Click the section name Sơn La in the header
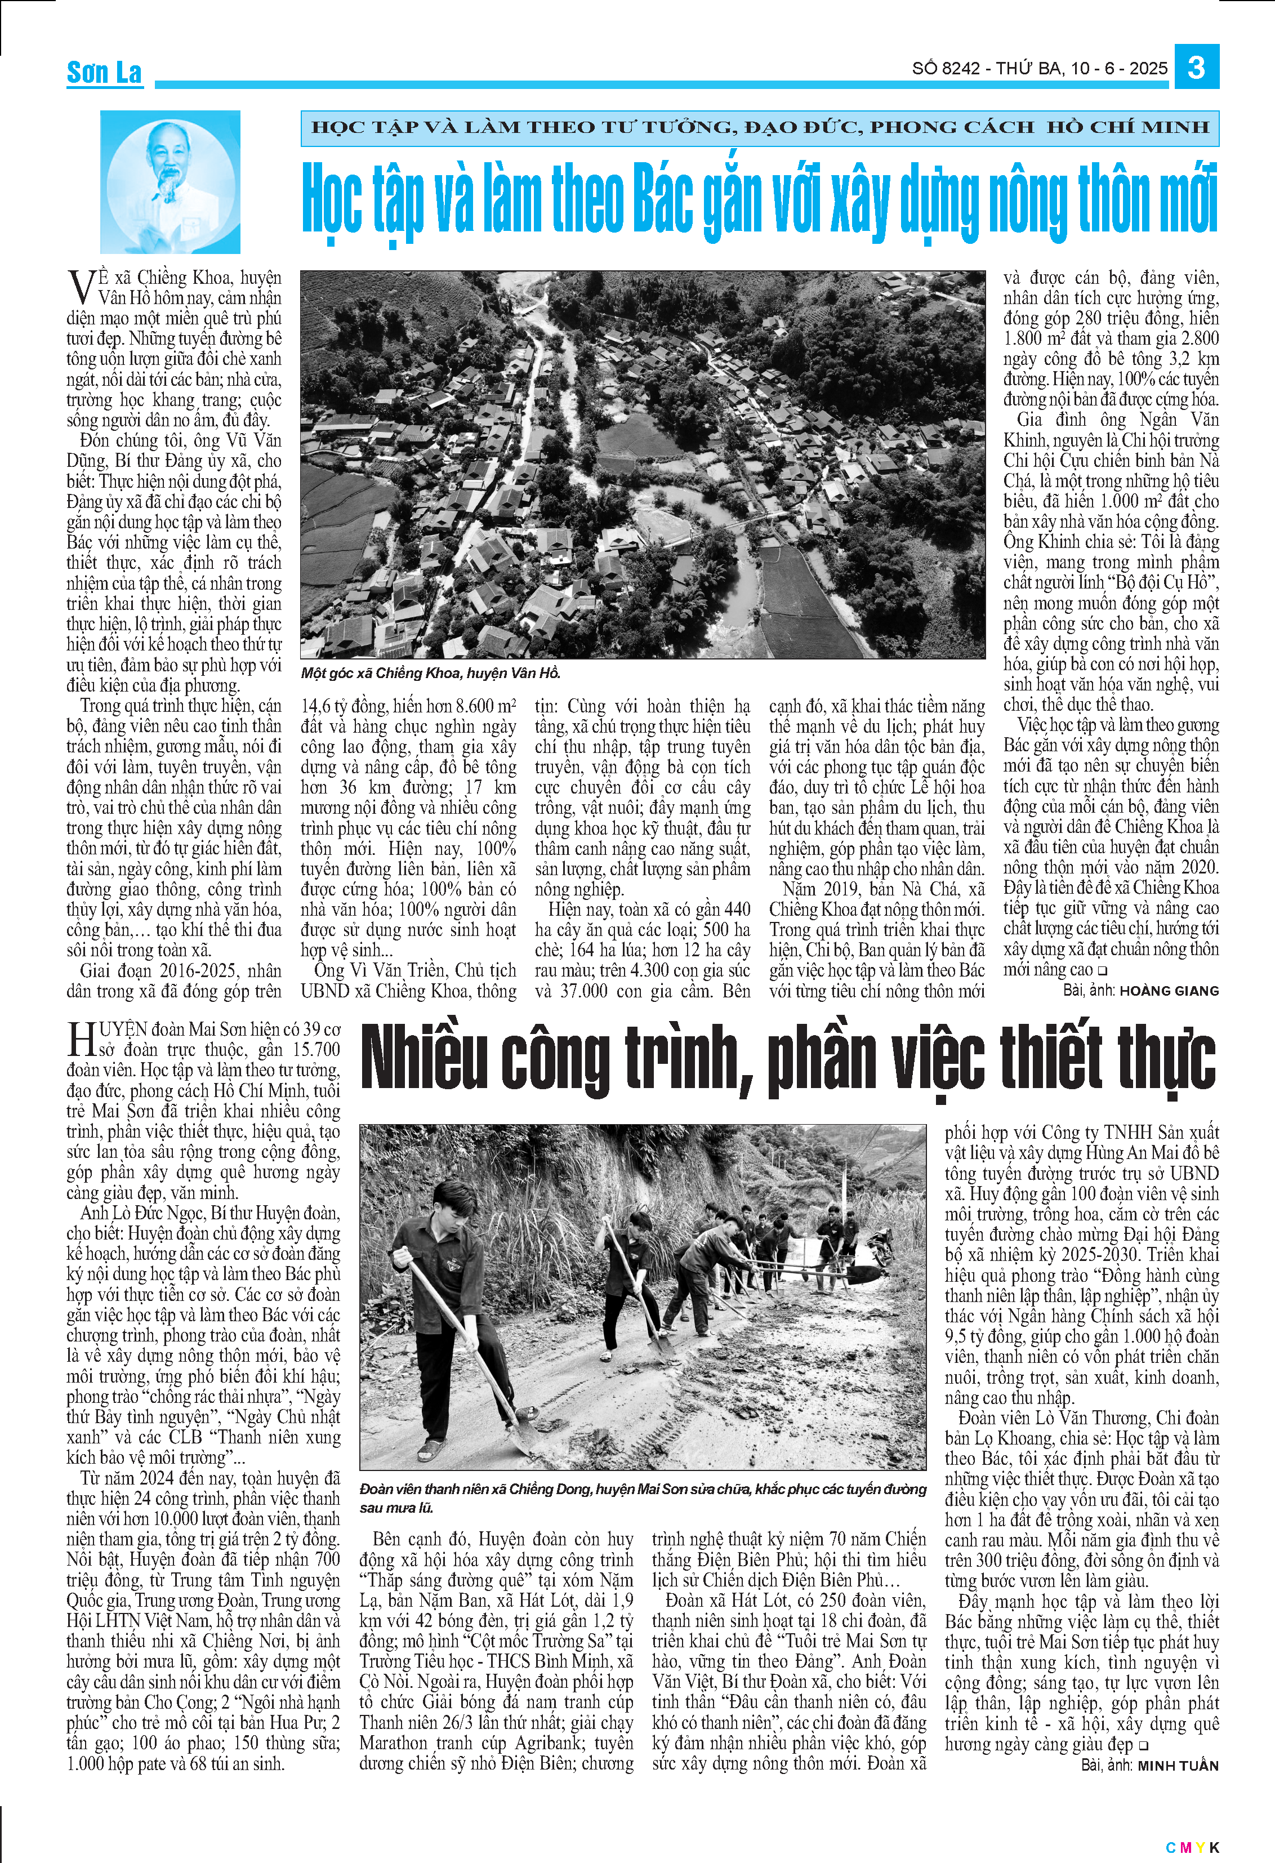(x=104, y=73)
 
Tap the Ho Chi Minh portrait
(x=170, y=181)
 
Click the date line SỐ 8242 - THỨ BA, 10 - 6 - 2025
(x=1040, y=68)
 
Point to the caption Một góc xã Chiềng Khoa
(x=430, y=672)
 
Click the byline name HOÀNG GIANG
(x=1169, y=991)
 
